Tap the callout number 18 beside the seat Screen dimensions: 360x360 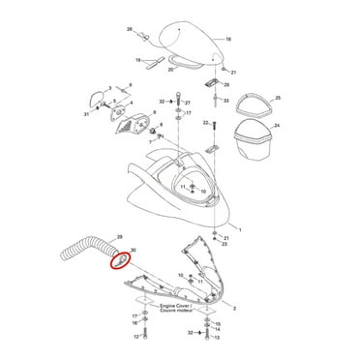pos(228,41)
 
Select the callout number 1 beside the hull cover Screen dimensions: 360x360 pos(241,230)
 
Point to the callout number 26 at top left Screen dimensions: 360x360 pos(128,30)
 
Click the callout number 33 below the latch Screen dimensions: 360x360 pos(225,101)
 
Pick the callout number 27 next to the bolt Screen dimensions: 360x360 pos(187,101)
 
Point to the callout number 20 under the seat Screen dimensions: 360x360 pos(171,70)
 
